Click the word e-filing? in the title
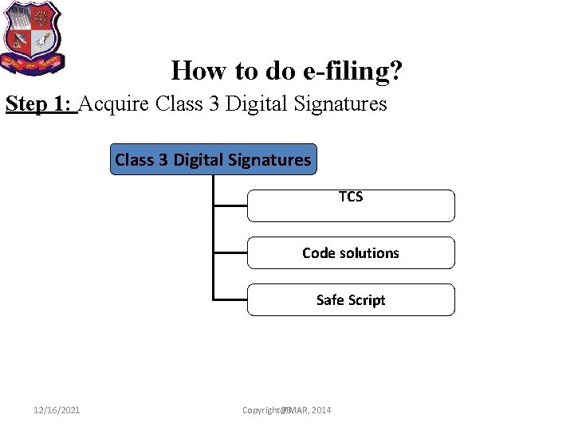coord(353,71)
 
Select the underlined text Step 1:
coord(41,104)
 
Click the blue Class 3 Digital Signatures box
coord(213,159)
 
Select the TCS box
coord(351,205)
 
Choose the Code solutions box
coord(351,252)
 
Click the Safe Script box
coord(351,299)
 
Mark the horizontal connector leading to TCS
coord(230,205)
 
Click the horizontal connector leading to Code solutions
coord(230,252)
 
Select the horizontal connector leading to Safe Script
coord(230,299)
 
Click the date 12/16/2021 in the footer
coord(57,410)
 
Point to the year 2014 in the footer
coord(320,410)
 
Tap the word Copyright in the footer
coord(261,410)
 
